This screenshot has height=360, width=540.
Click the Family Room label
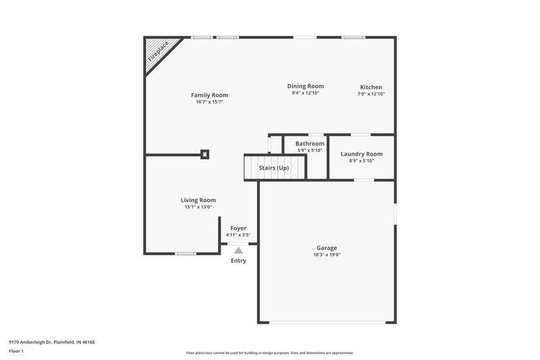[209, 95]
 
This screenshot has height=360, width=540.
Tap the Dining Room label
[305, 86]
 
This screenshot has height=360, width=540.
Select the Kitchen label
[371, 87]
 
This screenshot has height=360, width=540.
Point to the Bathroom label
[310, 143]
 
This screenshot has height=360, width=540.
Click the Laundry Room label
[361, 154]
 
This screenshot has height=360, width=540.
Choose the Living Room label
[198, 200]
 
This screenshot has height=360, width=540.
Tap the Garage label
[327, 248]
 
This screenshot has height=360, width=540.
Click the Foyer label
[238, 228]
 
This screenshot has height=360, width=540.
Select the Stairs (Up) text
[274, 168]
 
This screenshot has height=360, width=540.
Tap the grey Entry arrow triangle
[238, 250]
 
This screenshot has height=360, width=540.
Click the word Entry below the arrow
[238, 261]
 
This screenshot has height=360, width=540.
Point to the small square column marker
[205, 154]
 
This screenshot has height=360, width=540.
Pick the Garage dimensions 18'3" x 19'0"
[327, 255]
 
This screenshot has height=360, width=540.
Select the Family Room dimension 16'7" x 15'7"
[209, 102]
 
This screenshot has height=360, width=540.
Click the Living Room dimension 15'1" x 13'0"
[198, 207]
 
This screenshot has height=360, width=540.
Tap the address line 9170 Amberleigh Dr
[52, 342]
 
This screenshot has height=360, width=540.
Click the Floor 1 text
[16, 352]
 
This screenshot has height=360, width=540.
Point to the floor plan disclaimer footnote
[269, 353]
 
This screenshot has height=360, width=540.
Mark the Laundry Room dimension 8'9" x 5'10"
[361, 161]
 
